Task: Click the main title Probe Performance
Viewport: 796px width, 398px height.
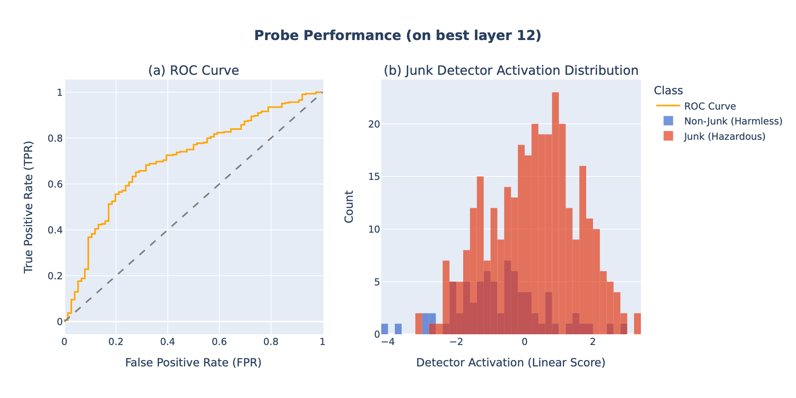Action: point(397,35)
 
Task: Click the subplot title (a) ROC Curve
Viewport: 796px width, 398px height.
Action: point(194,70)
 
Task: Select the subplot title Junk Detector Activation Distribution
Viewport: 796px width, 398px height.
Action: point(511,70)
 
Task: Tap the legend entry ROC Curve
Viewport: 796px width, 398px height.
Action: point(710,106)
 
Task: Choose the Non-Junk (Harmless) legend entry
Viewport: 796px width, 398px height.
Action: point(733,121)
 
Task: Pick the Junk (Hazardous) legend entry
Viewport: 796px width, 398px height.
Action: point(724,136)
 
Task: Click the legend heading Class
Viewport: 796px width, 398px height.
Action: point(668,91)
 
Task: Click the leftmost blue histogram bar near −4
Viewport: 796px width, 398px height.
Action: point(384,329)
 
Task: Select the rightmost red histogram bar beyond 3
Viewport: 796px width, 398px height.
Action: point(637,324)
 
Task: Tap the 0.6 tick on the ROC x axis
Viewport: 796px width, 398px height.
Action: point(219,342)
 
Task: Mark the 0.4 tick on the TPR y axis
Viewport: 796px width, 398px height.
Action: point(54,230)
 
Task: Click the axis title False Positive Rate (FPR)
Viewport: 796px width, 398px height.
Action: point(193,363)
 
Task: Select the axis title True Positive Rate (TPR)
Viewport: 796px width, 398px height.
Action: point(28,207)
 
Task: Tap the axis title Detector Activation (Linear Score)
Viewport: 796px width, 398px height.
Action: point(511,363)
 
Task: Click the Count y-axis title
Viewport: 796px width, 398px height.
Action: point(349,206)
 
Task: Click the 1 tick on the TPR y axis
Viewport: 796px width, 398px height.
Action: point(59,93)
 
